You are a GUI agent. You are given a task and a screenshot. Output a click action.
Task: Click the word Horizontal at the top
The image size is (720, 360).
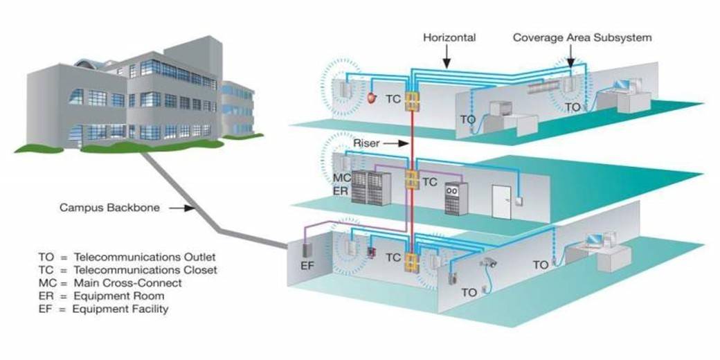point(449,37)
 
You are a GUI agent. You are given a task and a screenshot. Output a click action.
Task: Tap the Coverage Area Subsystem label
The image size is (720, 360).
point(582,37)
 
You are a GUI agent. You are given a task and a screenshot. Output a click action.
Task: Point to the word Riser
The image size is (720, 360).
point(367,143)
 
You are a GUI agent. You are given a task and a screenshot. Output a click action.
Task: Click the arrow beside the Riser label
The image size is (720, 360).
point(393,143)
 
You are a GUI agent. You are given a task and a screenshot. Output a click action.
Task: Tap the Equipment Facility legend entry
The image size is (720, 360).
point(103,309)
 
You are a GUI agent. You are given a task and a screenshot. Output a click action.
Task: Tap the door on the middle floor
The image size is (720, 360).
point(503,201)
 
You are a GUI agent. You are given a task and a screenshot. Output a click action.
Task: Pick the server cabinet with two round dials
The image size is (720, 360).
point(452,198)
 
